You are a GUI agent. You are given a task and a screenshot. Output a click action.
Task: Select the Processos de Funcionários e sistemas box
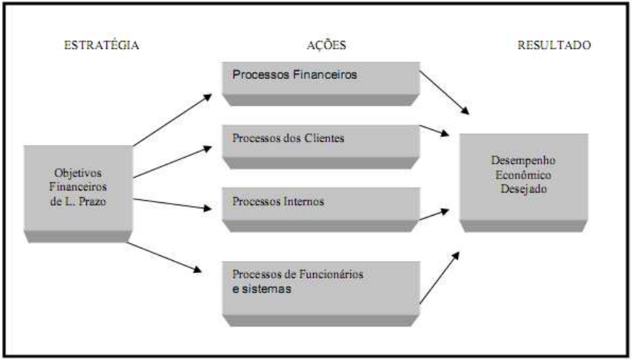(320, 286)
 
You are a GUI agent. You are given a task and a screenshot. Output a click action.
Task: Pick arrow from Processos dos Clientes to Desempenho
(435, 130)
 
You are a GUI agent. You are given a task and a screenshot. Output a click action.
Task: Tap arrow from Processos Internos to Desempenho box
(435, 215)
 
